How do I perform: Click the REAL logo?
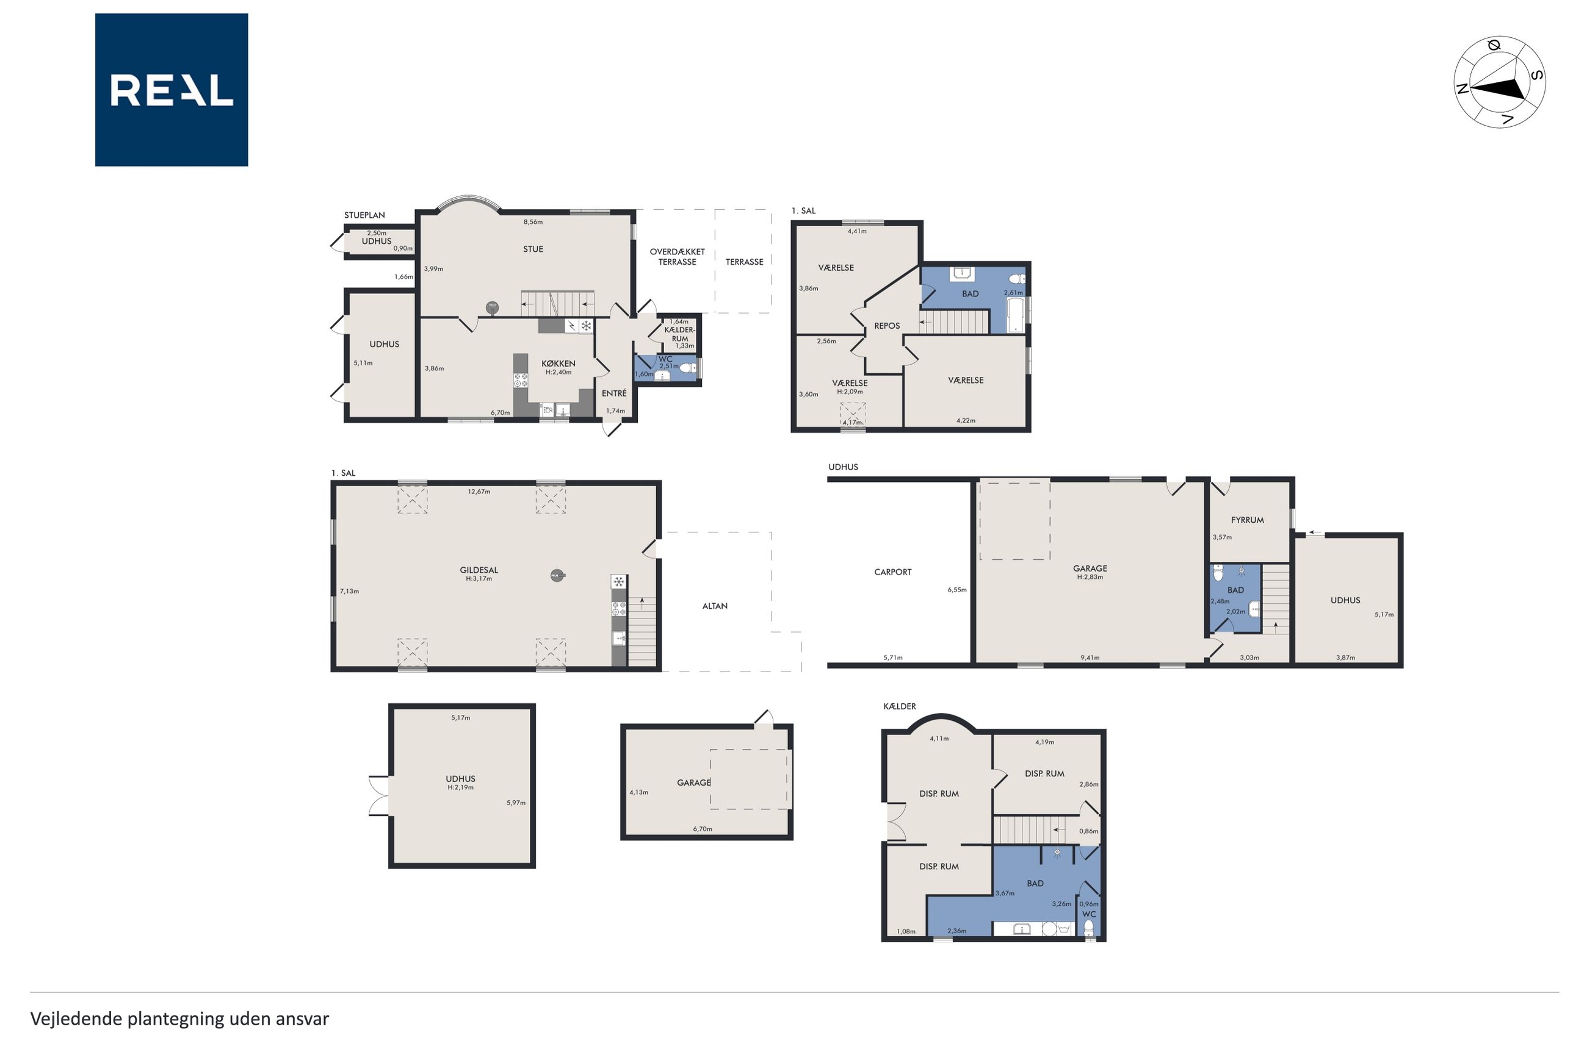pos(172,90)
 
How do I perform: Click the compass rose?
pos(1498,82)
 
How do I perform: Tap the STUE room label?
pos(533,249)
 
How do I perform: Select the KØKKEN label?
pos(559,364)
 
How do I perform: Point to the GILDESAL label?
pos(479,570)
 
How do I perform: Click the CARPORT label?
pos(892,572)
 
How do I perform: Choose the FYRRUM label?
pos(1247,520)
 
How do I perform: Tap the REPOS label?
pos(887,326)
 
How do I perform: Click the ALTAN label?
pos(715,606)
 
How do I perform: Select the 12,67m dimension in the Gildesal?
pos(479,492)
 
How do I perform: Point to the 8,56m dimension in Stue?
pos(533,222)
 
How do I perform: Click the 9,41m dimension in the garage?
pos(1090,658)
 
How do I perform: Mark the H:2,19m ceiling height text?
pos(461,787)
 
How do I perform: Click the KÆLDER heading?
pos(900,706)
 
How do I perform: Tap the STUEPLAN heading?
pos(364,216)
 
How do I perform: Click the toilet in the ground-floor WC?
pos(687,368)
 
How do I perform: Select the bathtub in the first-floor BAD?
pos(1015,315)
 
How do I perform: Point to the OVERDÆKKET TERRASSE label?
pos(677,257)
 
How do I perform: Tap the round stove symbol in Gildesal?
pos(557,576)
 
